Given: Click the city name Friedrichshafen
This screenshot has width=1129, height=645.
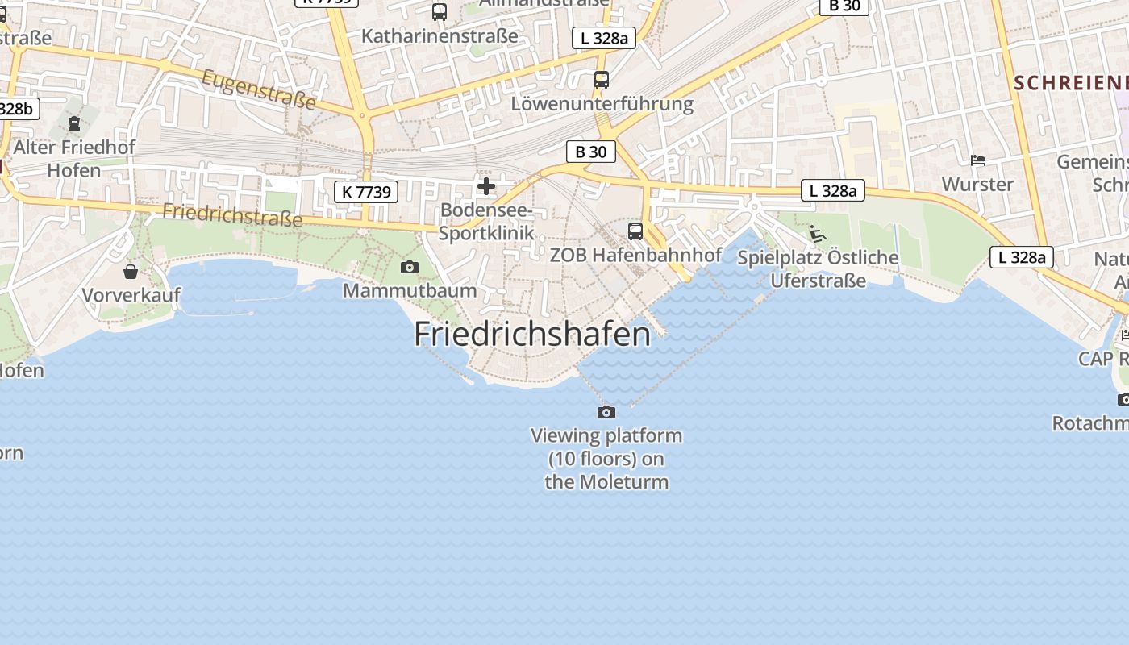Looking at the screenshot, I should pyautogui.click(x=532, y=334).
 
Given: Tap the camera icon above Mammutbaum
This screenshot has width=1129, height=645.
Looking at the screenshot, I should pyautogui.click(x=410, y=267).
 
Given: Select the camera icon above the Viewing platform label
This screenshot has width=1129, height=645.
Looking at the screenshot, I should pyautogui.click(x=606, y=412).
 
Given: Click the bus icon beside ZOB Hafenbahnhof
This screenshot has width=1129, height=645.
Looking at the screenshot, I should pyautogui.click(x=635, y=231).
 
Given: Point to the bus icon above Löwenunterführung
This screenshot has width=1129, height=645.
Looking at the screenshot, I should pyautogui.click(x=601, y=79).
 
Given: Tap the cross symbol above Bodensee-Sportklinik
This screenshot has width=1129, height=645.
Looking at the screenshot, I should pyautogui.click(x=486, y=186).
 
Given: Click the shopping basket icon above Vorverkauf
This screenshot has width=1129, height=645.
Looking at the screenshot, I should pyautogui.click(x=131, y=272).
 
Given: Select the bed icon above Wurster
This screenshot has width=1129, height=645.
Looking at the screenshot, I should pyautogui.click(x=978, y=160).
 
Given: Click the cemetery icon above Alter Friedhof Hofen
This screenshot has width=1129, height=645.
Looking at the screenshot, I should pyautogui.click(x=74, y=123).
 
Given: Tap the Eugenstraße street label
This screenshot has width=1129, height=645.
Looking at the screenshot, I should pyautogui.click(x=258, y=89).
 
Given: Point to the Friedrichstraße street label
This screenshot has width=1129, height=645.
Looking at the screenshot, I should pyautogui.click(x=232, y=214).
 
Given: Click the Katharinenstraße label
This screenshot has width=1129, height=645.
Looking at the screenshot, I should pyautogui.click(x=440, y=36).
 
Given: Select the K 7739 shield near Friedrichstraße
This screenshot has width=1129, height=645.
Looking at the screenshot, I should pyautogui.click(x=366, y=192).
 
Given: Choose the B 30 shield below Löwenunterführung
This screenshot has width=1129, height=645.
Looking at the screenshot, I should pyautogui.click(x=590, y=151).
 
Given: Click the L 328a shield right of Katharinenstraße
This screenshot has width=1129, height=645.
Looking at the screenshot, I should pyautogui.click(x=604, y=37).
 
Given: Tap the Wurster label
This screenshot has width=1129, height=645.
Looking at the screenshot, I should pyautogui.click(x=977, y=185).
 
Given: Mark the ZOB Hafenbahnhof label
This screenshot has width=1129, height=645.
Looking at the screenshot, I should pyautogui.click(x=635, y=255).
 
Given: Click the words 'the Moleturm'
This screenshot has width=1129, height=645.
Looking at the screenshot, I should pyautogui.click(x=606, y=482).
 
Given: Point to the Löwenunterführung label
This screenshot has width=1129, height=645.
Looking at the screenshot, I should pyautogui.click(x=602, y=104).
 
